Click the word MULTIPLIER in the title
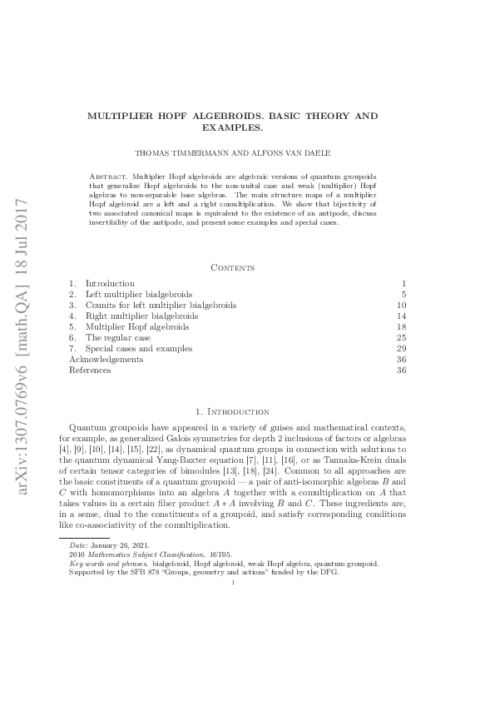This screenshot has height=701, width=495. coord(118,117)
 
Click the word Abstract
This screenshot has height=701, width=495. coord(106,178)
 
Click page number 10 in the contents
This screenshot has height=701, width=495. coord(401,306)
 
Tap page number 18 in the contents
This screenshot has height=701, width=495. coord(401,327)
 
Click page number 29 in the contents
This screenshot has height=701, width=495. coord(401,349)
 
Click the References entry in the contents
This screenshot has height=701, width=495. coord(89,370)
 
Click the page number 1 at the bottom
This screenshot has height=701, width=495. coord(233,582)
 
